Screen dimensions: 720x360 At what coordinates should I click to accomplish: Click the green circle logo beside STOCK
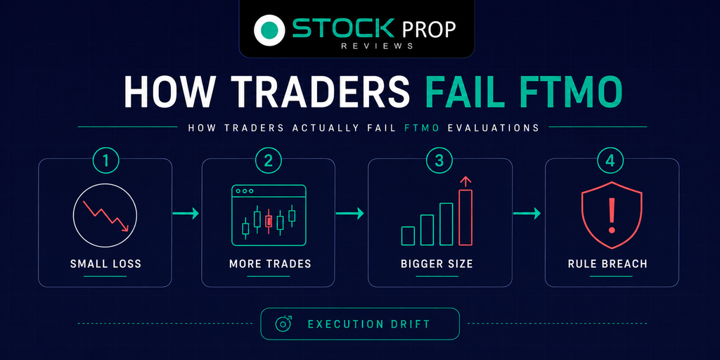270,30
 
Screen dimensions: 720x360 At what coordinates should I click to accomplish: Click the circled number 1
106,161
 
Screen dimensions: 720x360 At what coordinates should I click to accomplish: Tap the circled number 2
269,161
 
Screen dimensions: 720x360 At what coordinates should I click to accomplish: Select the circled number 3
440,161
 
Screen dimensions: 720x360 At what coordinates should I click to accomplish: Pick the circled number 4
611,161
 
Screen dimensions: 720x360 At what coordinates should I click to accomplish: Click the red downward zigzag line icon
106,215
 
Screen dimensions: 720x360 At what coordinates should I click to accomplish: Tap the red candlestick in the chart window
269,221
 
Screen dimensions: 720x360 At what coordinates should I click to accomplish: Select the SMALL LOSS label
105,264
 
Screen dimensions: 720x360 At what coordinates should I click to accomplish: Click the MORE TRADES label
270,264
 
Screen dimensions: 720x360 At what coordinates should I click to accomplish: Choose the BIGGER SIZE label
437,264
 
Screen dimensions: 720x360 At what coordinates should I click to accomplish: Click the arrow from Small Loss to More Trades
186,214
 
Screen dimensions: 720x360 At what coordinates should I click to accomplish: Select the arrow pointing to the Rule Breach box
527,214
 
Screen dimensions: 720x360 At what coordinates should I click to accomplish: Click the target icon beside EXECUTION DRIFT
283,323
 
